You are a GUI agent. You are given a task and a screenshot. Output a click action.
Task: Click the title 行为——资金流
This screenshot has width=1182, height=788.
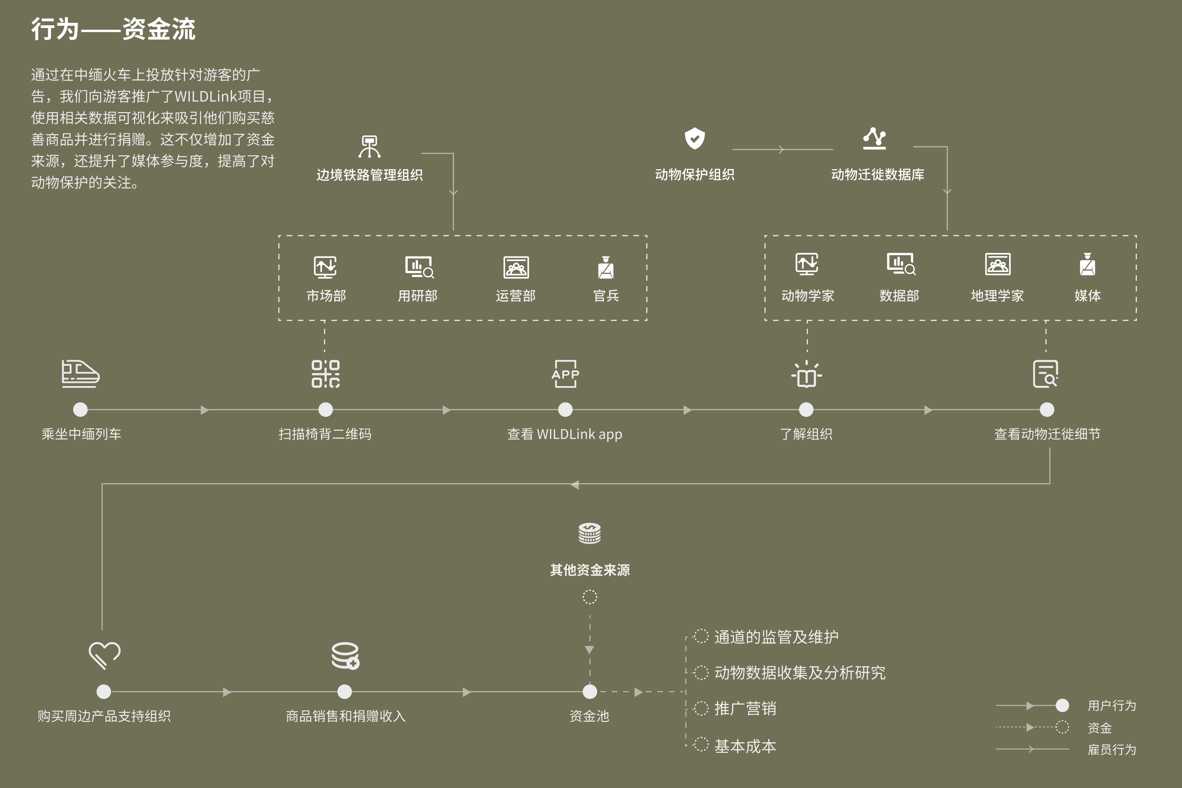click(113, 29)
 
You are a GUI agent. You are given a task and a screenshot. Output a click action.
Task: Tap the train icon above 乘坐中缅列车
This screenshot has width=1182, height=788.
click(80, 373)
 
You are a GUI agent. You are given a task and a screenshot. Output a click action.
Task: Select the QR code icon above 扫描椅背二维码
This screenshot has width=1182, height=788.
click(326, 373)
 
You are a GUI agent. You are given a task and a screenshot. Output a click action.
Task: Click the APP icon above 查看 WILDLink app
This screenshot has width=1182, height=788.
click(565, 373)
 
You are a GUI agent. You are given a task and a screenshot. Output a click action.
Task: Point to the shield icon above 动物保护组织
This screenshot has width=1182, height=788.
click(695, 138)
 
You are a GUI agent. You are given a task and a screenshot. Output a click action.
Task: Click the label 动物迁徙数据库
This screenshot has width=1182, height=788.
click(878, 174)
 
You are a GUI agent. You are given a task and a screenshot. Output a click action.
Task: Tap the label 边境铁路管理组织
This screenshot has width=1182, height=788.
click(369, 175)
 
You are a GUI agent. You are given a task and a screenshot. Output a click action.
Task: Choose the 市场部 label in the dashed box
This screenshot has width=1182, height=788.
click(326, 295)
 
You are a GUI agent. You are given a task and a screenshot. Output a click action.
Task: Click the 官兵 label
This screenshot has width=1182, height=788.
click(606, 295)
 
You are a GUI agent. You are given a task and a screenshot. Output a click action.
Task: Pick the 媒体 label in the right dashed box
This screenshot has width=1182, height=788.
click(1088, 295)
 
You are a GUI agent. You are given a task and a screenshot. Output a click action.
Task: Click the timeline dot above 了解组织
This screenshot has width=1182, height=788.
click(806, 410)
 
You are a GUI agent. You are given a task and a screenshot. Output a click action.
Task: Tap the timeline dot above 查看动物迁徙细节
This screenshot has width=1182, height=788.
click(1047, 410)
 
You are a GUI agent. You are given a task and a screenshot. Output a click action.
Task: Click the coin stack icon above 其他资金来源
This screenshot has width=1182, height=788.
click(590, 533)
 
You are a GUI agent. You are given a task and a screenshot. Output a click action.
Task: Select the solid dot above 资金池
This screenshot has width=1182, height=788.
click(590, 692)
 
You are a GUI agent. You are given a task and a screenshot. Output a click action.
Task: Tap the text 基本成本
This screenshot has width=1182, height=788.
click(745, 746)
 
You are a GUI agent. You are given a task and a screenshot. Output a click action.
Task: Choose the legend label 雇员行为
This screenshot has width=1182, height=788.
click(1112, 749)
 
